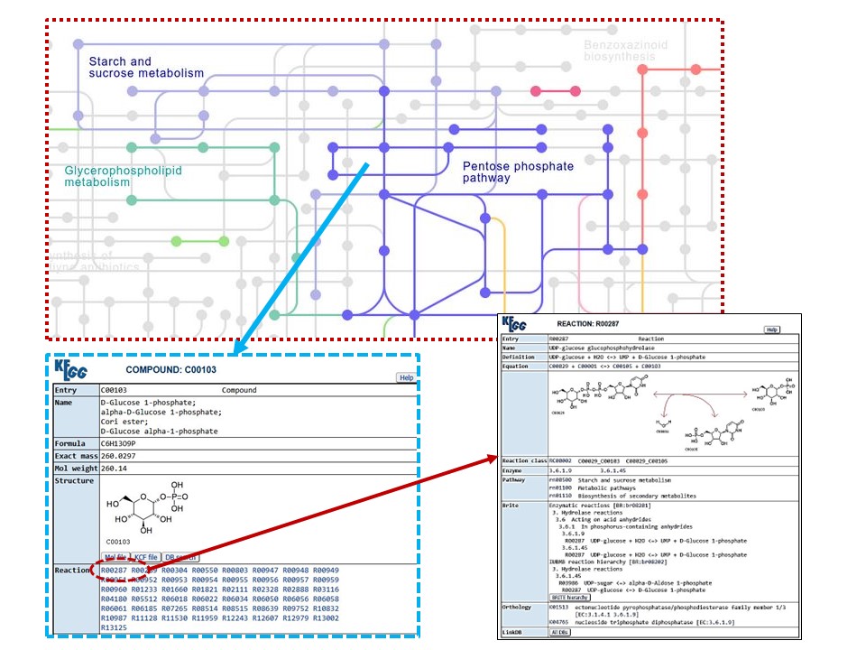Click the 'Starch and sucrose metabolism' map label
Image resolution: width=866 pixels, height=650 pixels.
tap(146, 67)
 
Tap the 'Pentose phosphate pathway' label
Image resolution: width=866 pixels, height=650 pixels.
tap(518, 172)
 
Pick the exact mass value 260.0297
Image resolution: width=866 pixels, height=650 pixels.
tap(124, 456)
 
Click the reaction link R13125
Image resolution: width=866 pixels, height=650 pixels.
tap(114, 627)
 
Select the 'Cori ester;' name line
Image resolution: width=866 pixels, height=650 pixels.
tap(124, 421)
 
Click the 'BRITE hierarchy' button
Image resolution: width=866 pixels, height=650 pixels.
tap(572, 597)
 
